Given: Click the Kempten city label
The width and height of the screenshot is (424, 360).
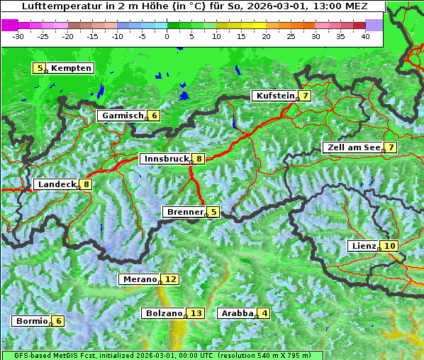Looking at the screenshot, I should click(71, 68).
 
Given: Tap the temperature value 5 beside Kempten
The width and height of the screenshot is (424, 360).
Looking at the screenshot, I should click(40, 68).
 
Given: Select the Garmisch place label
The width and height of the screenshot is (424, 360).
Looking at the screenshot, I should click(123, 116).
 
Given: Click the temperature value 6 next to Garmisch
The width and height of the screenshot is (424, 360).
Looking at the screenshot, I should click(154, 116).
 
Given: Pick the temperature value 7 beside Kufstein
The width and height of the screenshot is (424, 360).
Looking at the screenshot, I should click(305, 96).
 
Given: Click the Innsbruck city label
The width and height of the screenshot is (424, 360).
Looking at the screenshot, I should click(165, 159).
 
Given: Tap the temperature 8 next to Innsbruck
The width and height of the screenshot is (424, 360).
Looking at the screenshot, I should click(199, 159).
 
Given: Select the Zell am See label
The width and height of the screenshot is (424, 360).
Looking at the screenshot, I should click(353, 147).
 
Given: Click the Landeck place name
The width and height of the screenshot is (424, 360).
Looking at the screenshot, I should click(56, 184).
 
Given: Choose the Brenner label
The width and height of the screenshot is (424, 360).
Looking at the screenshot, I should click(184, 212).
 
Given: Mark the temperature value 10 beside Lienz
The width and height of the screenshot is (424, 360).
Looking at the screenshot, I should click(391, 246).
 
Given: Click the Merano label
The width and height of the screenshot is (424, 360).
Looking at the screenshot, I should click(139, 279).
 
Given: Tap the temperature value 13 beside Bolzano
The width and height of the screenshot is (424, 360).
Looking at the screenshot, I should click(196, 313).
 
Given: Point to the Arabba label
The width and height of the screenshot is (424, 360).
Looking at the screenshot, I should click(238, 313).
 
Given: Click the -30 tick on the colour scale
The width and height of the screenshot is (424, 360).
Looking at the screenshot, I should click(19, 35).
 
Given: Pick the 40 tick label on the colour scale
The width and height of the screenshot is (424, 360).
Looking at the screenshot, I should click(365, 35).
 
